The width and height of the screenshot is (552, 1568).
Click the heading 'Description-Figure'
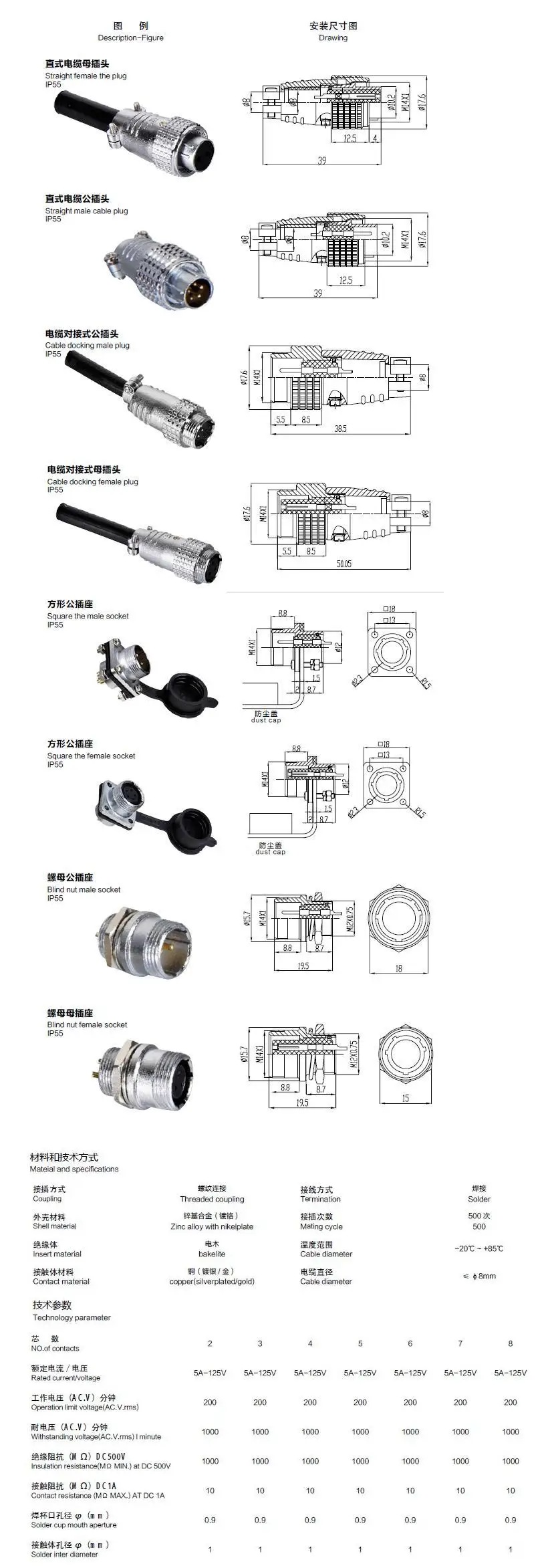(130, 38)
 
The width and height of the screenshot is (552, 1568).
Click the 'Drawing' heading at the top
(333, 38)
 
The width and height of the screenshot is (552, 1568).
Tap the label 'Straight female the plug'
(86, 76)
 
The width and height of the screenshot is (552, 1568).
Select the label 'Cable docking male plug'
(88, 346)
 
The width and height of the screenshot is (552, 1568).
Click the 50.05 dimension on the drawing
(343, 564)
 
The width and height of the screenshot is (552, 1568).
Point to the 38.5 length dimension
(340, 429)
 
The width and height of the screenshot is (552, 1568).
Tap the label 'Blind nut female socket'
(87, 1024)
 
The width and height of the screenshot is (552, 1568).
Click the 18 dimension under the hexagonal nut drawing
(399, 968)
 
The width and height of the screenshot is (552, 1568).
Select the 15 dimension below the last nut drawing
(406, 1098)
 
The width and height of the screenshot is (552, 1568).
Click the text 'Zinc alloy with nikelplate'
(212, 1226)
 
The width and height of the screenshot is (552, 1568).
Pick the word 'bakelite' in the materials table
(212, 1254)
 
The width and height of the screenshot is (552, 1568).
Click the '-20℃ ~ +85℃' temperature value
(478, 1248)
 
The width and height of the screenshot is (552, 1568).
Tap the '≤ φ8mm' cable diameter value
(478, 1276)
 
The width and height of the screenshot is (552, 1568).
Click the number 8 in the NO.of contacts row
(510, 1343)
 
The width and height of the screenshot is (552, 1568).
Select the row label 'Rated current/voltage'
(65, 1377)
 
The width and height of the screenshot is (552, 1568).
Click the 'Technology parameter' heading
(72, 1317)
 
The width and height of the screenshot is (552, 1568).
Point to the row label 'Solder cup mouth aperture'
(74, 1525)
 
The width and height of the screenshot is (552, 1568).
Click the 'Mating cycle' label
(321, 1226)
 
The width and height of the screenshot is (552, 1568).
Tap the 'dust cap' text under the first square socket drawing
(266, 720)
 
